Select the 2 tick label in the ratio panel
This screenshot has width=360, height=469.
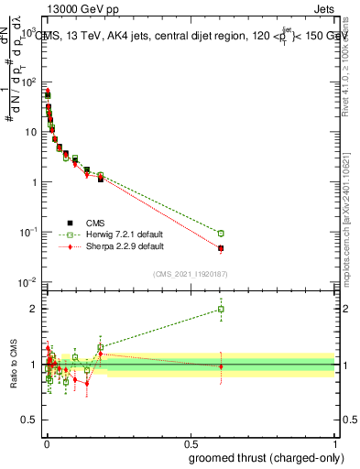(x=33, y=309)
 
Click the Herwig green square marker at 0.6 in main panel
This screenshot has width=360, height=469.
(x=221, y=234)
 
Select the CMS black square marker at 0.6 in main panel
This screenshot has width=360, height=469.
(x=221, y=248)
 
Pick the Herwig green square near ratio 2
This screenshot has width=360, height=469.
(x=221, y=309)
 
